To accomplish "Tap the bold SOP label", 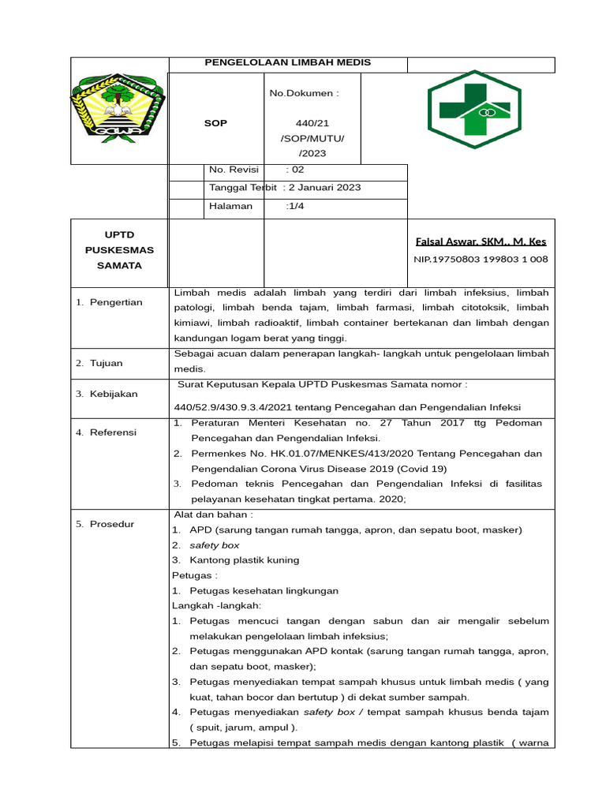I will click(215, 123).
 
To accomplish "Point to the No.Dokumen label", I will click(304, 93).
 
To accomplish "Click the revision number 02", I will click(296, 170).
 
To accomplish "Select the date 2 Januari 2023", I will click(324, 188).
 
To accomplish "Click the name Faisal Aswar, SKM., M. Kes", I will click(480, 241).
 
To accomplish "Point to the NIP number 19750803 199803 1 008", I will click(481, 259).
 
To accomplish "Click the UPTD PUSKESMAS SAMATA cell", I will click(119, 250).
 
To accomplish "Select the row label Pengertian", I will click(114, 302).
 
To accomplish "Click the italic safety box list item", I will click(214, 545).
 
